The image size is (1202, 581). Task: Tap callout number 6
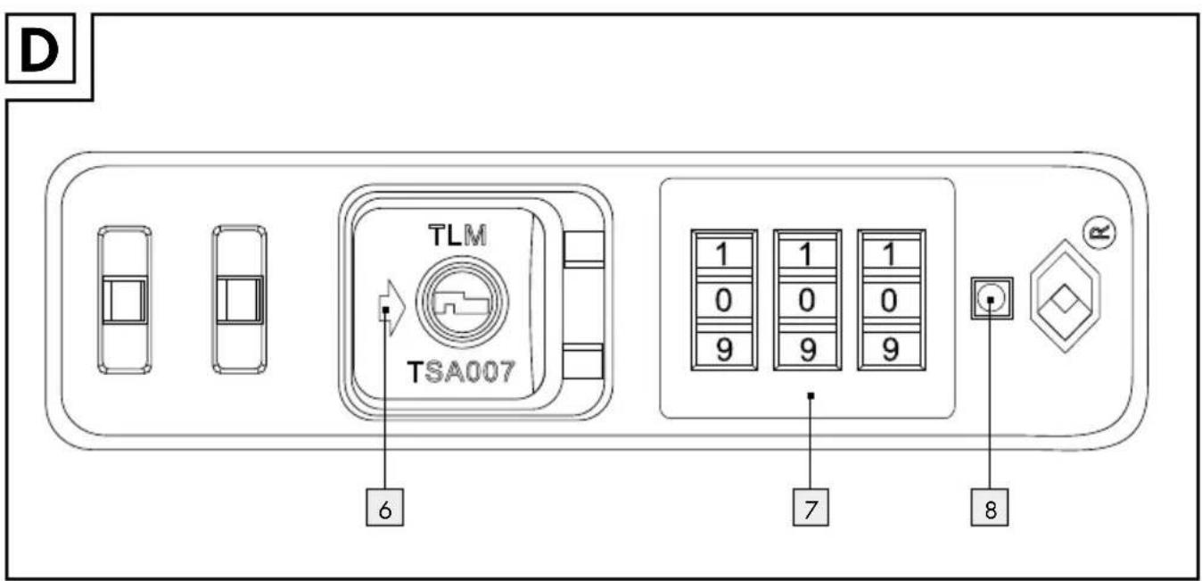point(384,508)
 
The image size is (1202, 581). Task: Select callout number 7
point(811,508)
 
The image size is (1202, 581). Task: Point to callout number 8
point(990,508)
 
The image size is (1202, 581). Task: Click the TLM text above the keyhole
point(457,236)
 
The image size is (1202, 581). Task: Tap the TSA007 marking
point(461,371)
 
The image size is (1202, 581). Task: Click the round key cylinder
point(462,302)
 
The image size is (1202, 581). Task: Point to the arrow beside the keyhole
point(391,308)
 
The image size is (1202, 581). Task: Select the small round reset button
point(992,299)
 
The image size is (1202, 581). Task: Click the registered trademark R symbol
point(1099,232)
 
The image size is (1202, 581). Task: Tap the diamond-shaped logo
point(1066,296)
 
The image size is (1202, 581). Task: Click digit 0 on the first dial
point(723,300)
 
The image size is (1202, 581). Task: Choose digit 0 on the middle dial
point(806,300)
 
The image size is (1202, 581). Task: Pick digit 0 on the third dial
point(889,300)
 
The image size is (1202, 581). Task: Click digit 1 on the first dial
point(723,253)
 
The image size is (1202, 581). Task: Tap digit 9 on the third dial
point(890,350)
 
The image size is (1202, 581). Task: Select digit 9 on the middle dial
point(808,350)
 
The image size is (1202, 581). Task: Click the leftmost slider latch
point(125,300)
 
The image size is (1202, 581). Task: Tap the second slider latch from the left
point(239,300)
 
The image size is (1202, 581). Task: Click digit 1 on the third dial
point(889,253)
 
